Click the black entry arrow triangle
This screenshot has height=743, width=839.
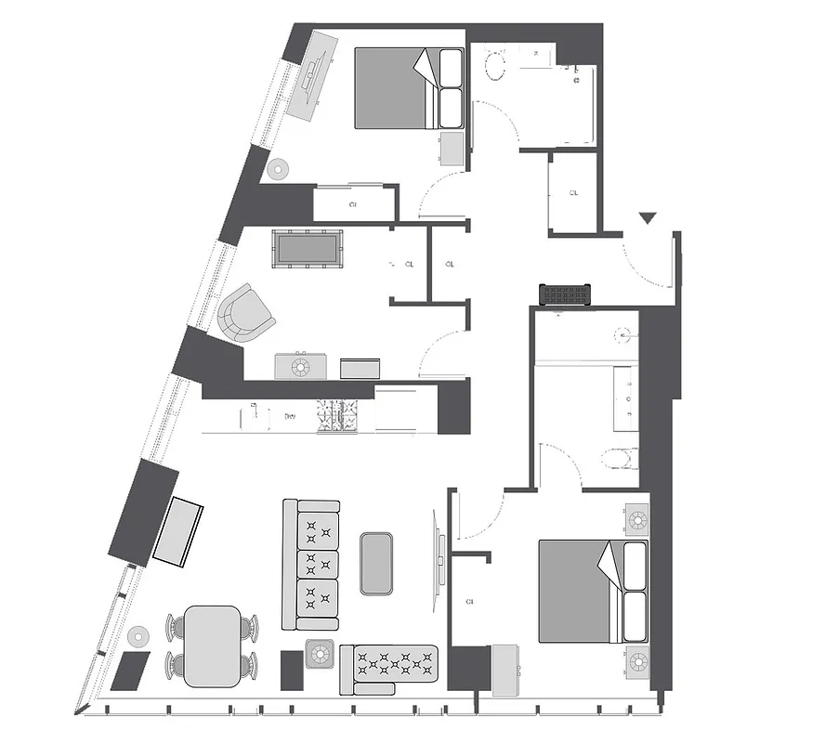(x=648, y=218)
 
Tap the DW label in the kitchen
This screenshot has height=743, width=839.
(x=290, y=417)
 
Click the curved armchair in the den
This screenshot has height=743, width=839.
(x=246, y=313)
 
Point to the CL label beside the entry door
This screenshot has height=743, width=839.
(x=573, y=193)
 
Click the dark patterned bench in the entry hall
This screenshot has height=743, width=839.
(x=565, y=294)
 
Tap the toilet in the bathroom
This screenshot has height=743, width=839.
(x=619, y=458)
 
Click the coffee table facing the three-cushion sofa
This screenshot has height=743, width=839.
(x=377, y=563)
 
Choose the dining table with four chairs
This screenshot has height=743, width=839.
(x=212, y=645)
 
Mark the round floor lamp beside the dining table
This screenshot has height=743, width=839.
(x=139, y=637)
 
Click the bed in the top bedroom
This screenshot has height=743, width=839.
(x=409, y=88)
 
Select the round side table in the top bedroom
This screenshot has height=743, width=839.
(x=278, y=170)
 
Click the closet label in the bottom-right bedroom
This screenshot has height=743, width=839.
(x=469, y=602)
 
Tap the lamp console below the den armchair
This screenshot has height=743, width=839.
(x=300, y=367)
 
